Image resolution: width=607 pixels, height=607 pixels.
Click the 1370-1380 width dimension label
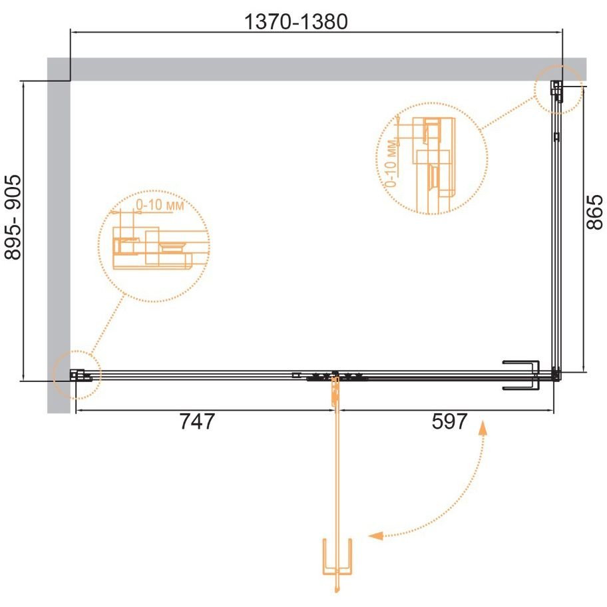[x=296, y=22]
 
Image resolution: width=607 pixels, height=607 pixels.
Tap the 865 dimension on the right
[x=594, y=212]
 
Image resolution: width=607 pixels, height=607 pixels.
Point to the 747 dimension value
[x=196, y=421]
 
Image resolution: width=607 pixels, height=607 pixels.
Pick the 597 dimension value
[x=449, y=421]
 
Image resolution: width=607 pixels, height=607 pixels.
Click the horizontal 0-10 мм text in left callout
[x=160, y=205]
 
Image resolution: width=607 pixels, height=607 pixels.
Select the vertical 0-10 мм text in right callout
[x=391, y=162]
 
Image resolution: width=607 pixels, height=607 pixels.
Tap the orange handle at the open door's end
[x=337, y=556]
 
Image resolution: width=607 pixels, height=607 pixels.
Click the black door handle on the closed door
[x=521, y=375]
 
